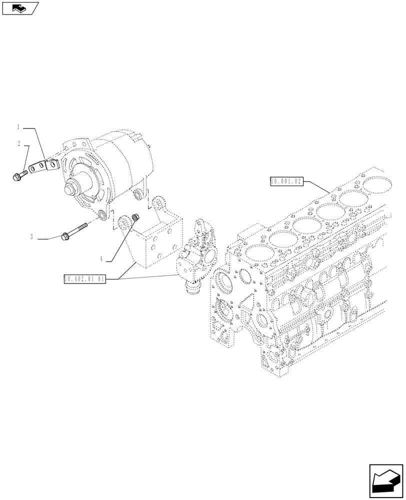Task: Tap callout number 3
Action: (31, 237)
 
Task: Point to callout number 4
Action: (101, 258)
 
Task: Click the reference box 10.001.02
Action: (286, 181)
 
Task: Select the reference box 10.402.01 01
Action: (84, 279)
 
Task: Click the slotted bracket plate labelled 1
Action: (42, 166)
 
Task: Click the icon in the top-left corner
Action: (20, 7)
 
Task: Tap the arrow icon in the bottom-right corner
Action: (386, 481)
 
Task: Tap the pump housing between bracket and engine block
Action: (197, 255)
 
